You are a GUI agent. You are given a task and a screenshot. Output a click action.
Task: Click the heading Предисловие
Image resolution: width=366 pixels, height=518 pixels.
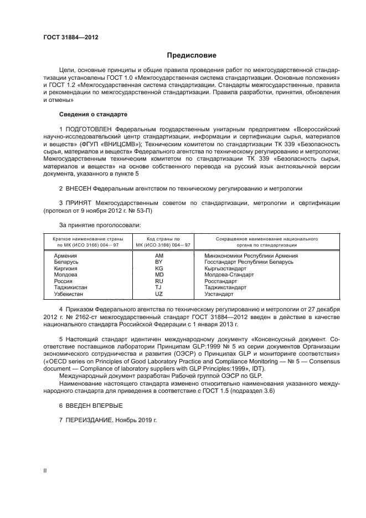pyautogui.click(x=192, y=55)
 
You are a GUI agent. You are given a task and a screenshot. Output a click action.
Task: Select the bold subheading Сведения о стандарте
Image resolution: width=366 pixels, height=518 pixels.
pyautogui.click(x=93, y=114)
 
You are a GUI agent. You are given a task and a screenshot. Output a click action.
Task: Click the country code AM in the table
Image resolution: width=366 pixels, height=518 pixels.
pyautogui.click(x=159, y=256)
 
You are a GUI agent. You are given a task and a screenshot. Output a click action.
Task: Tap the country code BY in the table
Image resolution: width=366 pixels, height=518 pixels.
pyautogui.click(x=159, y=262)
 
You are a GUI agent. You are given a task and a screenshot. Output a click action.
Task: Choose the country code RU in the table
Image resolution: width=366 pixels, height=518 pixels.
pyautogui.click(x=159, y=281)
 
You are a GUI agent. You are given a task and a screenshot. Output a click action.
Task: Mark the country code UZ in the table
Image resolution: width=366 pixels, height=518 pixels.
pyautogui.click(x=159, y=294)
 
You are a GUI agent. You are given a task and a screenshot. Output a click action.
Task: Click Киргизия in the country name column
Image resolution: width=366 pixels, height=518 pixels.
pyautogui.click(x=66, y=269)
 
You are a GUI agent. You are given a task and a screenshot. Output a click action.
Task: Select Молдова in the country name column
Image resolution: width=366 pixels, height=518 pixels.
pyautogui.click(x=66, y=275)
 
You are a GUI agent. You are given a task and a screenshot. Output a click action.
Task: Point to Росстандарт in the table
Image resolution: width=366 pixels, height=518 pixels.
pyautogui.click(x=220, y=281)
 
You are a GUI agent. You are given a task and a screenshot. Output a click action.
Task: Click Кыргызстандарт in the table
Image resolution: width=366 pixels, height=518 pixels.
pyautogui.click(x=225, y=269)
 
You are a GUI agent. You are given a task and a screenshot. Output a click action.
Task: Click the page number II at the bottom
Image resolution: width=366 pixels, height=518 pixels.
pyautogui.click(x=45, y=470)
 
